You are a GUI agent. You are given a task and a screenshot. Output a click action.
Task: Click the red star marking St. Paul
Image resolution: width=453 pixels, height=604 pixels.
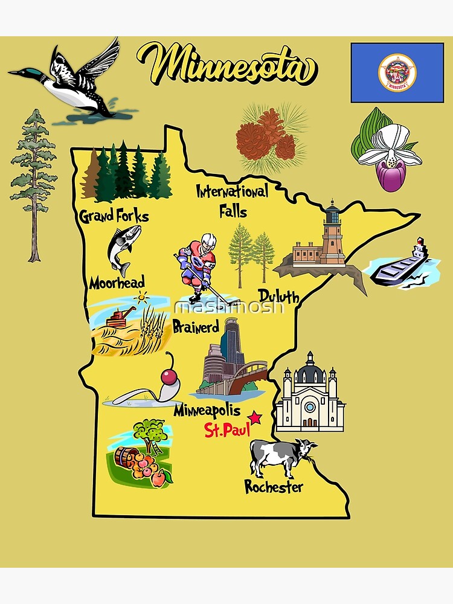pyautogui.click(x=255, y=417)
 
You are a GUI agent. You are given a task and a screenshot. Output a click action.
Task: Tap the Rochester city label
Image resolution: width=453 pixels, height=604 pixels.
pyautogui.click(x=274, y=486)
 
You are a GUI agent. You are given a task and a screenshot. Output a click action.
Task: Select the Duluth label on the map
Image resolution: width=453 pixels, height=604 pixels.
pyautogui.click(x=279, y=295)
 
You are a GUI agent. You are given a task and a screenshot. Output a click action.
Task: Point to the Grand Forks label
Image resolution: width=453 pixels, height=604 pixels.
pyautogui.click(x=114, y=216)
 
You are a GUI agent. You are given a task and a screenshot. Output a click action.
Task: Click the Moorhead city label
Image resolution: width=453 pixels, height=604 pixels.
pyautogui.click(x=117, y=282)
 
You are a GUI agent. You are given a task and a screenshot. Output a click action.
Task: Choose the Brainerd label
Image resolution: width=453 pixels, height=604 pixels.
pyautogui.click(x=196, y=327)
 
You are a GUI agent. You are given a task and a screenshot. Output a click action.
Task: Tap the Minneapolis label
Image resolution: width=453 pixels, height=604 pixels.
pyautogui.click(x=207, y=411)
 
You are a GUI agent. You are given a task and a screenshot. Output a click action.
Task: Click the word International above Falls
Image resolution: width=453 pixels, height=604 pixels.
pyautogui.click(x=233, y=193)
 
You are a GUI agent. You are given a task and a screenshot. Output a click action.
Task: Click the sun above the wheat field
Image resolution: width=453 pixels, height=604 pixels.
pyautogui.click(x=142, y=297)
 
